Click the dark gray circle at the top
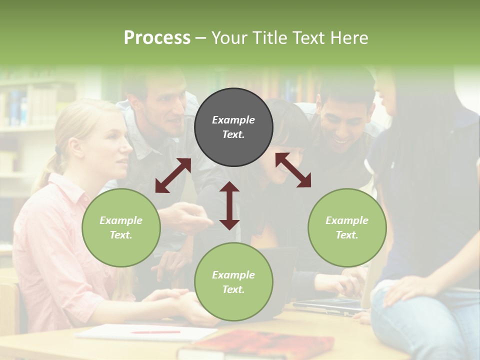pos(233,127)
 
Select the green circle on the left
pos(121,227)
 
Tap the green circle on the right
pos(347,227)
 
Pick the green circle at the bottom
pos(233,281)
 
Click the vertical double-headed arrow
pos(229,205)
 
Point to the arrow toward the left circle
pos(173,175)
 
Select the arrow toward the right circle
pos(293,170)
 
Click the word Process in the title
pos(157,38)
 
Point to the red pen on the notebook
pos(155,331)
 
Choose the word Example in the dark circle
pos(233,120)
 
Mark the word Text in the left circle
pos(121,235)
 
